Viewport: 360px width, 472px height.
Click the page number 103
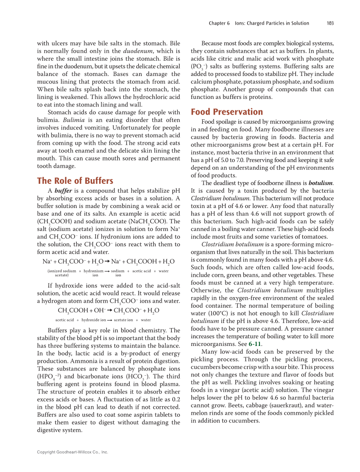[330, 23]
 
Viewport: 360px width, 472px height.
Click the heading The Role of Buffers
[75, 181]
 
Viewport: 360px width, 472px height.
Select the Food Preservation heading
[227, 112]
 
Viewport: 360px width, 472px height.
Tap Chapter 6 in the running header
[219, 23]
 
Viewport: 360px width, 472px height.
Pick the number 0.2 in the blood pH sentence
[175, 399]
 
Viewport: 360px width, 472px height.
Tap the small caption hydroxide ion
[93, 320]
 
